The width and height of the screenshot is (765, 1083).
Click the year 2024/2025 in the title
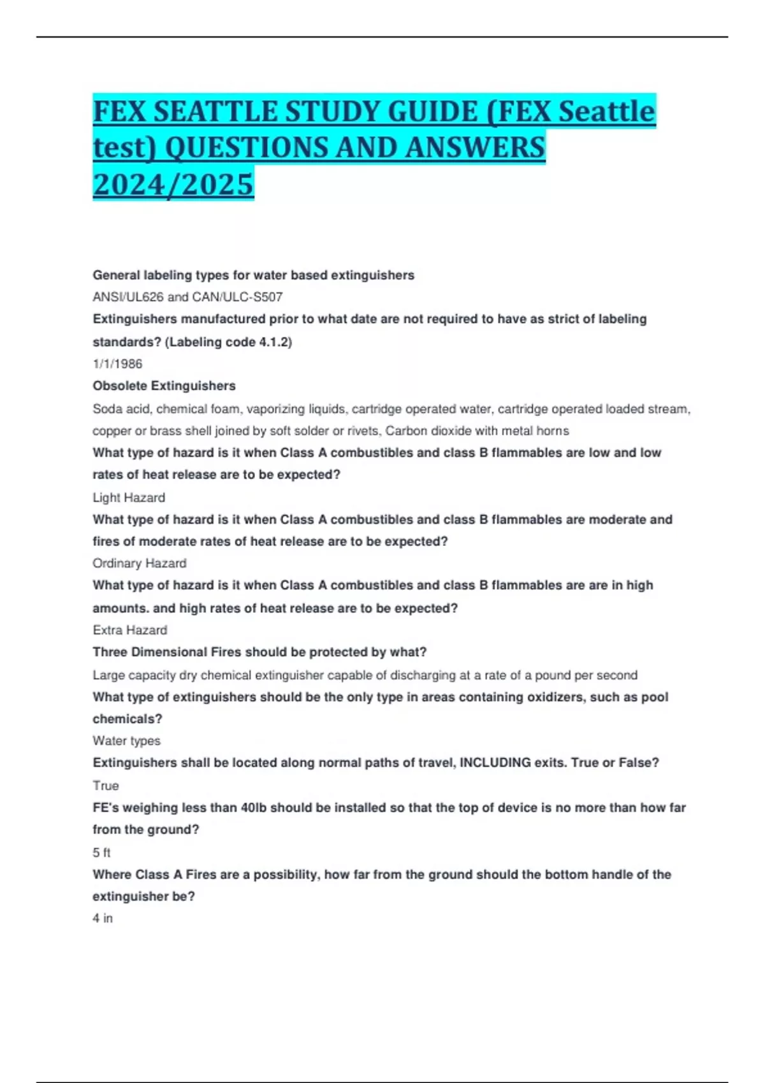173,184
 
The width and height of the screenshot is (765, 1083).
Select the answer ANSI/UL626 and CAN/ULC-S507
187,297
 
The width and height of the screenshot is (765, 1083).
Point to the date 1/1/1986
117,364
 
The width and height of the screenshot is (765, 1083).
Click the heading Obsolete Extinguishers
164,385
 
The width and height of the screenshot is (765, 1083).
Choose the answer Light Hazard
129,498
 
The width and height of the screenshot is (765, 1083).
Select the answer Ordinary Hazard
140,563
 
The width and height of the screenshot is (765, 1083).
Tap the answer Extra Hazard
130,630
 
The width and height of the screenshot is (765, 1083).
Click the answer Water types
126,741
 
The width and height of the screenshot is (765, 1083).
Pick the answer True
106,785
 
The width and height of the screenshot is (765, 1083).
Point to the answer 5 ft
101,852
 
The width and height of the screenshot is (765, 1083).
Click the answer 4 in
103,918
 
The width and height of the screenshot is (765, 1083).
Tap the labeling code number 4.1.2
273,342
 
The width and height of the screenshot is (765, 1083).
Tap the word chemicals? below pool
127,719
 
